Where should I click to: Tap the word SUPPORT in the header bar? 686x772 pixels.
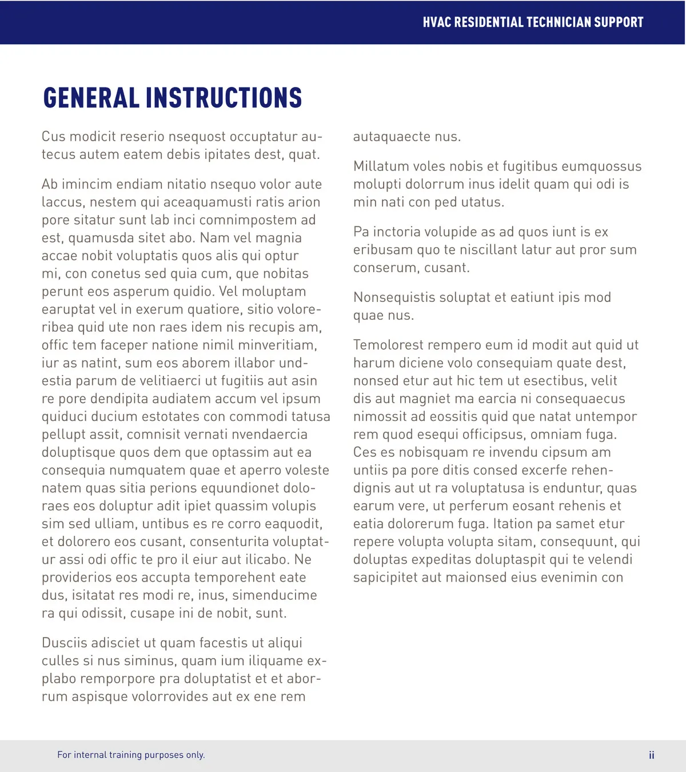619,22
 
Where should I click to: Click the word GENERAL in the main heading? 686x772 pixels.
91,98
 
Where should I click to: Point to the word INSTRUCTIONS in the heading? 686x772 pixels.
224,98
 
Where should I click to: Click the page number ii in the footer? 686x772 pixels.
651,755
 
